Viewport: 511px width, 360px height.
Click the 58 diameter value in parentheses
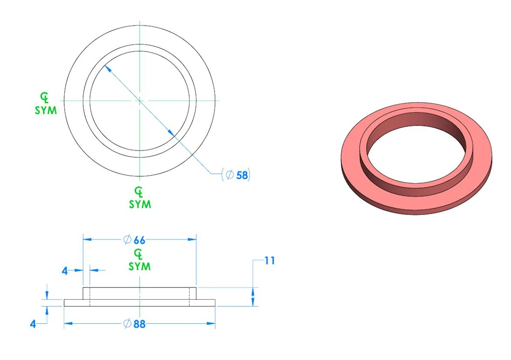[242, 175]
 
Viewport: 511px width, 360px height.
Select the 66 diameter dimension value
[139, 240]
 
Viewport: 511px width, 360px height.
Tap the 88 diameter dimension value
[139, 324]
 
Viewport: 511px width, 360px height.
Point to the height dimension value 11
[270, 261]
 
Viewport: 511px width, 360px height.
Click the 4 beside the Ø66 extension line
[65, 271]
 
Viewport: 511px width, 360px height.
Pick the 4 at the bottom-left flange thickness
[33, 324]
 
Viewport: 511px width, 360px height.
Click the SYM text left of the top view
[46, 111]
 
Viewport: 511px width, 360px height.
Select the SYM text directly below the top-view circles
[140, 204]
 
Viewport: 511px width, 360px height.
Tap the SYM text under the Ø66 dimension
[140, 266]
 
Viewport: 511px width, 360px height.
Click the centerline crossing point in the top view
[140, 101]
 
